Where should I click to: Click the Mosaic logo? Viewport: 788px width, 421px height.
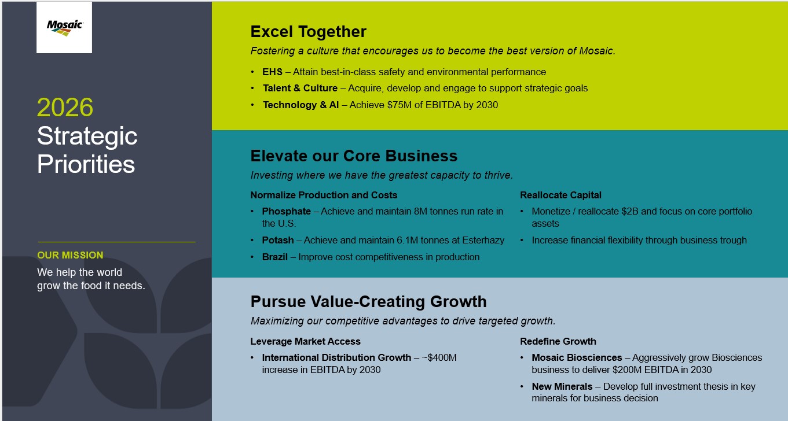[x=65, y=28]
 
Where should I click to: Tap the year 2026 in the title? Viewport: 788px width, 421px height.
[x=65, y=107]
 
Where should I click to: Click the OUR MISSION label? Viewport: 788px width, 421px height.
[x=71, y=255]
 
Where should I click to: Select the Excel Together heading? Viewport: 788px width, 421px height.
[x=308, y=32]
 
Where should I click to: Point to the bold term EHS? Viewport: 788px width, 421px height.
[x=272, y=72]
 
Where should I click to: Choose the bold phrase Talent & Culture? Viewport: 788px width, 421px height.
[x=300, y=88]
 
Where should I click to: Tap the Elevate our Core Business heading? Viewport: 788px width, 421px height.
[x=354, y=156]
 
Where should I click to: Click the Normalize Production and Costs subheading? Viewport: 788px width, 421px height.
[x=324, y=195]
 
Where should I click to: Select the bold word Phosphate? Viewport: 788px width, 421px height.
[x=287, y=211]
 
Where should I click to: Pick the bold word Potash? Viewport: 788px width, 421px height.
[x=278, y=241]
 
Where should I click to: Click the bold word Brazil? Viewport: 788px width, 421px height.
[x=275, y=257]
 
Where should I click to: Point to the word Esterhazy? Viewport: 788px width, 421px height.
[x=483, y=241]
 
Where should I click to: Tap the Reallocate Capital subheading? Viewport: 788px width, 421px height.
[x=560, y=195]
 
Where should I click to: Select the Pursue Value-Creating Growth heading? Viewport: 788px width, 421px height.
[x=369, y=301]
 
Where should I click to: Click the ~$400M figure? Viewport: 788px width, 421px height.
[x=439, y=358]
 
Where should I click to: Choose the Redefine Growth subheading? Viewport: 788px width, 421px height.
[x=558, y=341]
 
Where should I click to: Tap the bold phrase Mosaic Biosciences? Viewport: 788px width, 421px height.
[x=577, y=358]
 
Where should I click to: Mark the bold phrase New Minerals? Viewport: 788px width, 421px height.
[x=562, y=386]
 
